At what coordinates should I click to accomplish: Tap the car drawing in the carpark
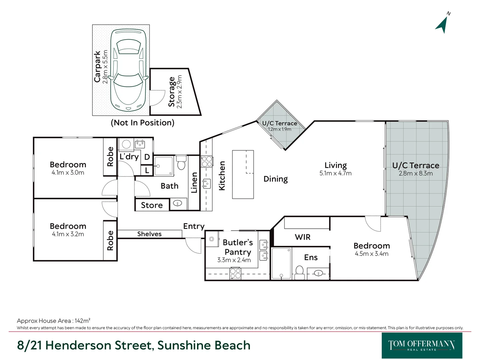pos(128,70)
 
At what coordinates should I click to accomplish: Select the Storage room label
pos(171,92)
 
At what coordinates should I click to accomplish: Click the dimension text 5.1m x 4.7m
pos(335,173)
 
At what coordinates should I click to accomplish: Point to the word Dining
pos(276,179)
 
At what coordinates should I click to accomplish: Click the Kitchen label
pos(222,176)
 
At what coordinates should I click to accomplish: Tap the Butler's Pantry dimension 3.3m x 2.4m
pos(234,260)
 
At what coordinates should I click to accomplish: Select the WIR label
pos(302,237)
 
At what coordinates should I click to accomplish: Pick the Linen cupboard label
pos(194,183)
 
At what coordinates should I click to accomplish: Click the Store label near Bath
pos(152,205)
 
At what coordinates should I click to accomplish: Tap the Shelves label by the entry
pos(149,234)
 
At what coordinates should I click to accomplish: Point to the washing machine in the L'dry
pos(126,144)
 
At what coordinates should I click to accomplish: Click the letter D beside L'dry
pos(147,157)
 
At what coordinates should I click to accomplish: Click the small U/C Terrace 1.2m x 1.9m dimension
pos(279,129)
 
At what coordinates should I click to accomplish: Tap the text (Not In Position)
pos(143,123)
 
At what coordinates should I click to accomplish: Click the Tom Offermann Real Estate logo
pos(422,345)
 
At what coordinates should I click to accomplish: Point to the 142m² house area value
pos(82,321)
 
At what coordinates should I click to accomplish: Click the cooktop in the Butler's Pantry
pos(235,273)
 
